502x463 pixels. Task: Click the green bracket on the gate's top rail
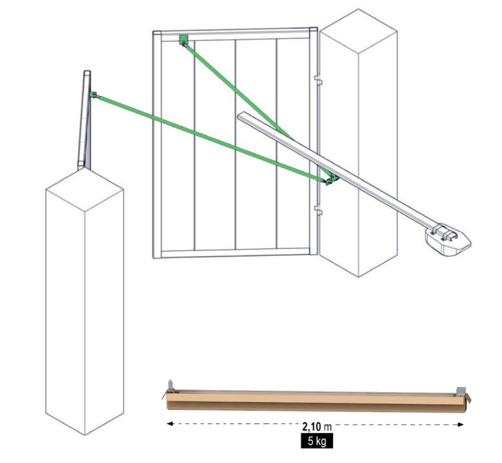pyautogui.click(x=184, y=40)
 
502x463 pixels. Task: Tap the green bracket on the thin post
pyautogui.click(x=93, y=95)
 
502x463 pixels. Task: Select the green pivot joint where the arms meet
pyautogui.click(x=331, y=179)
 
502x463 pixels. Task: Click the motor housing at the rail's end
pyautogui.click(x=448, y=240)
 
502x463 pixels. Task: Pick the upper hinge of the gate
pyautogui.click(x=318, y=80)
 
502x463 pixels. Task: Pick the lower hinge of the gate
pyautogui.click(x=318, y=210)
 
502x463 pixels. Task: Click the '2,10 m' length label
pyautogui.click(x=317, y=427)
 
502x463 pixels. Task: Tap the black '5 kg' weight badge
pyautogui.click(x=317, y=441)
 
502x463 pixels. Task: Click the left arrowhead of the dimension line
pyautogui.click(x=170, y=423)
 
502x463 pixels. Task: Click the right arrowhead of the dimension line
pyautogui.click(x=461, y=425)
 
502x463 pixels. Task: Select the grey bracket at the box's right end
pyautogui.click(x=461, y=391)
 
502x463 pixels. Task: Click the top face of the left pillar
pyautogui.click(x=85, y=189)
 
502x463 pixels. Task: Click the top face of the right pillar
pyautogui.click(x=358, y=31)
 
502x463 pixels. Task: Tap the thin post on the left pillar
pyautogui.click(x=85, y=120)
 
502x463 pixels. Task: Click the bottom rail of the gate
pyautogui.click(x=235, y=253)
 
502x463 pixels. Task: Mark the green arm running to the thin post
pyautogui.click(x=210, y=138)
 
